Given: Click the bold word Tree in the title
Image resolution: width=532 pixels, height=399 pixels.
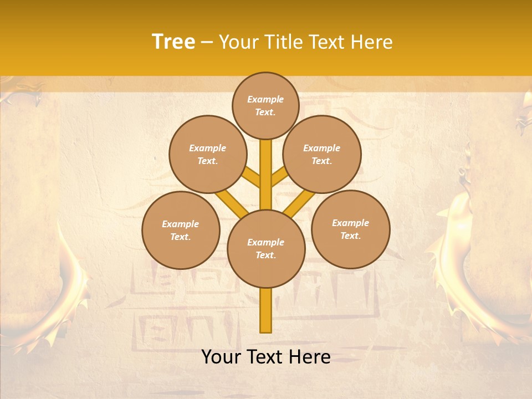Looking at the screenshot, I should pyautogui.click(x=173, y=42).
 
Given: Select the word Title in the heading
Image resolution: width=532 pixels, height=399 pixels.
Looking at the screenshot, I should pyautogui.click(x=283, y=42).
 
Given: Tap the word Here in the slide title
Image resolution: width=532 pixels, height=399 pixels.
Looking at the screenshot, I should pyautogui.click(x=371, y=42).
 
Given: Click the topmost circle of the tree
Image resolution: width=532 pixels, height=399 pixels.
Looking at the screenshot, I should pyautogui.click(x=265, y=105).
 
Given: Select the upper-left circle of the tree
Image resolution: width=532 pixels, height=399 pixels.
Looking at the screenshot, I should pyautogui.click(x=208, y=154).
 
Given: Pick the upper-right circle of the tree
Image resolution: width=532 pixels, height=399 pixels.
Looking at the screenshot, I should pyautogui.click(x=322, y=154).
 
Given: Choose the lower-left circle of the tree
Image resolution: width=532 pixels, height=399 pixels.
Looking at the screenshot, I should pyautogui.click(x=181, y=230).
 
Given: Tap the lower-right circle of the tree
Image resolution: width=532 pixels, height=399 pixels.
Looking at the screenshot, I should pyautogui.click(x=351, y=229).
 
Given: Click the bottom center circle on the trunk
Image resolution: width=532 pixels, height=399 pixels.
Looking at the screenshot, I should pyautogui.click(x=266, y=249).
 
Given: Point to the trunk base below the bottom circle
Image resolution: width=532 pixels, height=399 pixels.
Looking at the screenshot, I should pyautogui.click(x=266, y=310).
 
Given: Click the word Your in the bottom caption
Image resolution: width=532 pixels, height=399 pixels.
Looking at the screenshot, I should pyautogui.click(x=221, y=357).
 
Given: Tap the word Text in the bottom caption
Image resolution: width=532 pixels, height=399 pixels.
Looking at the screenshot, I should pyautogui.click(x=265, y=357).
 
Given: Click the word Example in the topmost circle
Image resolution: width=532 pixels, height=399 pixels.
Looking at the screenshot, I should pyautogui.click(x=265, y=99).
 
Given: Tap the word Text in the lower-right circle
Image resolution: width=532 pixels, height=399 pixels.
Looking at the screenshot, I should pyautogui.click(x=350, y=236).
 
